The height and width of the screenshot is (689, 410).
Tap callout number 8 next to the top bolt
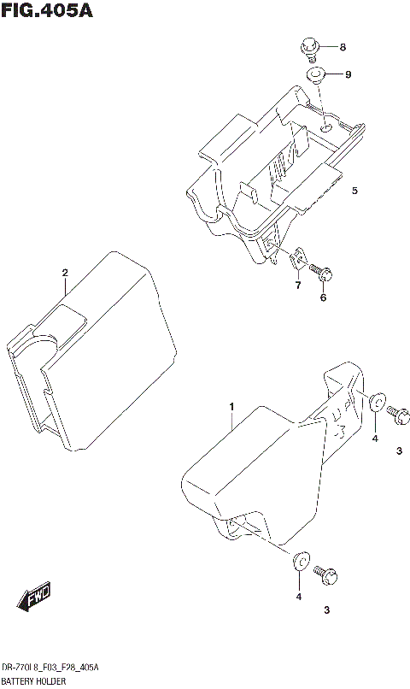click(x=343, y=46)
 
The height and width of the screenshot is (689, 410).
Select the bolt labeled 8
click(x=310, y=49)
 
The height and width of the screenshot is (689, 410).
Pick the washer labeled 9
click(x=316, y=75)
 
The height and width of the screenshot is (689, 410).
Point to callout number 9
click(x=348, y=75)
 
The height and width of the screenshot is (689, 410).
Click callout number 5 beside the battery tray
click(x=354, y=191)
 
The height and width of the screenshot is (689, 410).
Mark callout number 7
click(x=298, y=285)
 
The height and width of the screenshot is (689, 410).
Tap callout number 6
click(x=323, y=297)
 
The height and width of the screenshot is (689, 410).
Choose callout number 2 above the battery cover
click(x=64, y=273)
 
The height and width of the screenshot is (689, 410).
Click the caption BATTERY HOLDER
click(x=33, y=680)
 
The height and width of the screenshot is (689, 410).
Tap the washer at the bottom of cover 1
click(x=301, y=561)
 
